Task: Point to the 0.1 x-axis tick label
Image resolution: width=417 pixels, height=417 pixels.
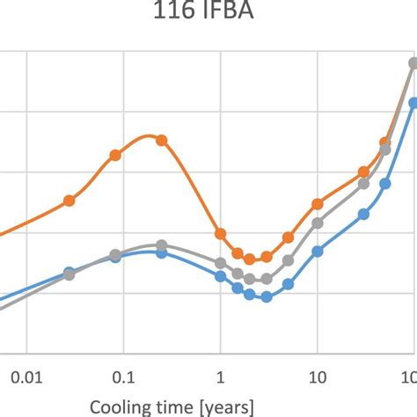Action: tap(123, 377)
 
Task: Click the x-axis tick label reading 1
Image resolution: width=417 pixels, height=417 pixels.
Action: tap(221, 377)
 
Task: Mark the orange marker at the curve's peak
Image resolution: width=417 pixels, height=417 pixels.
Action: tap(161, 139)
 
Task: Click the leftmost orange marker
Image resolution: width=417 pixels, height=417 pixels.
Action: tap(69, 201)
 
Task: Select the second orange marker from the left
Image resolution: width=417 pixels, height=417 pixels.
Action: tap(115, 155)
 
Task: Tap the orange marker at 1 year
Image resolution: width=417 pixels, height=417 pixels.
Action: tap(221, 234)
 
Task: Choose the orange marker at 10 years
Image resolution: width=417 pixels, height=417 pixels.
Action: tap(318, 204)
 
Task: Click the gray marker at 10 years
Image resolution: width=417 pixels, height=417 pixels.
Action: tap(318, 223)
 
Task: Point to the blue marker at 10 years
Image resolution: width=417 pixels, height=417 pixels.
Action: tap(318, 251)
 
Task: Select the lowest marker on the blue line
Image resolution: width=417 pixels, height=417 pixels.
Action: tap(267, 297)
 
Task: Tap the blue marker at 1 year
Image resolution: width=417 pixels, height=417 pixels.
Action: tap(221, 276)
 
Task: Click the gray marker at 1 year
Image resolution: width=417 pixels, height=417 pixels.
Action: tap(221, 263)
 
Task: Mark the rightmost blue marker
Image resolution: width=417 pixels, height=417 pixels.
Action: tap(413, 103)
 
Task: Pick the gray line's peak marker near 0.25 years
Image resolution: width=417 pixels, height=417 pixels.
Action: tap(161, 245)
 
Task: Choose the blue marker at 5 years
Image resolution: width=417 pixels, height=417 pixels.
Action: tap(288, 284)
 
